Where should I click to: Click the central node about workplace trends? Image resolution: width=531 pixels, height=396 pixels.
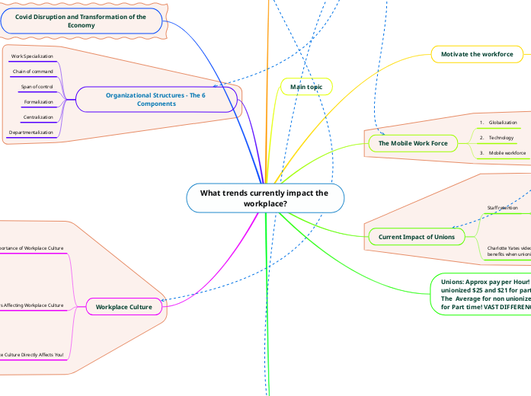264,198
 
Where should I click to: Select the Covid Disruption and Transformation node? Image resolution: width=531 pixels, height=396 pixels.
81,21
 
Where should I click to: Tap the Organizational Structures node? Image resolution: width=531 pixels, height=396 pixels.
155,99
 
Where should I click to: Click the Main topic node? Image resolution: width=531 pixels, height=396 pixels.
307,88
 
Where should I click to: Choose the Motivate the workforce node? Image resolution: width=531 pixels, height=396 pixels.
477,54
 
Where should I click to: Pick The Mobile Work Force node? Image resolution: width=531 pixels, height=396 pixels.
412,143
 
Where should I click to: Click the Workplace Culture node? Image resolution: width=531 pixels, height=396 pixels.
124,307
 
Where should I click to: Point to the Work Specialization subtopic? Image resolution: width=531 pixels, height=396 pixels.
32,57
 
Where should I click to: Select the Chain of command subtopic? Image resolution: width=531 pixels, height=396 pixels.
33,72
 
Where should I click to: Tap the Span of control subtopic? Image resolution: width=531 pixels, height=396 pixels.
37,87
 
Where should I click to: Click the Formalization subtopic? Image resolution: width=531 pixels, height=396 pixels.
38,102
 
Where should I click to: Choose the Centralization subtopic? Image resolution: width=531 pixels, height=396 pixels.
38,117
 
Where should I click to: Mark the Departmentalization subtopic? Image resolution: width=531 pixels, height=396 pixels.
31,133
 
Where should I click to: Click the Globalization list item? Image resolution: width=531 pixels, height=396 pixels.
503,122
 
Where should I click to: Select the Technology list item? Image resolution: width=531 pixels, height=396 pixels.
501,137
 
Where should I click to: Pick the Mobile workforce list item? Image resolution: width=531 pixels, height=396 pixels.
507,152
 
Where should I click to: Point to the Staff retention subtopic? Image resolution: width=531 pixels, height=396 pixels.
502,207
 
